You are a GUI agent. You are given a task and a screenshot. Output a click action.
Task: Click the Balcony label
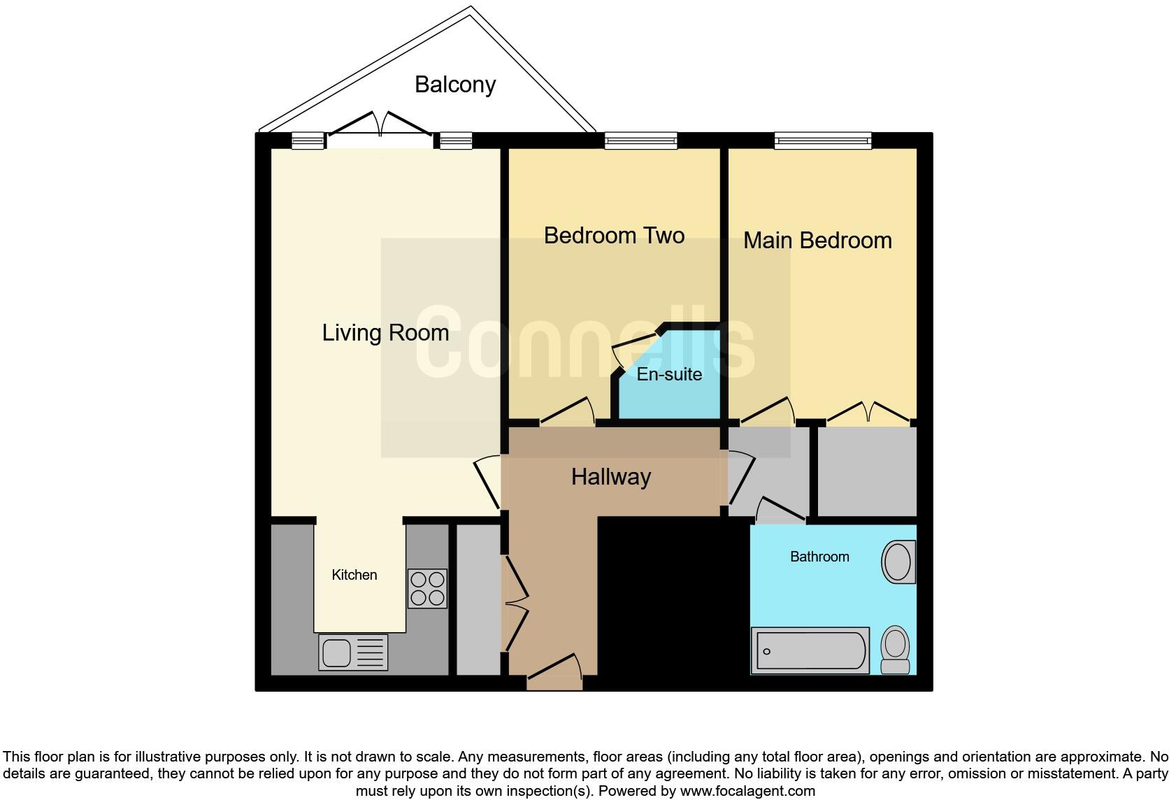455,85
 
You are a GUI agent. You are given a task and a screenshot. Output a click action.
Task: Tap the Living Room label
385,333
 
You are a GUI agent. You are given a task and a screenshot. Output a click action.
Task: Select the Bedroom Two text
614,236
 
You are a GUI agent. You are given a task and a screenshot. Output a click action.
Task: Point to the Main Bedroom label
817,241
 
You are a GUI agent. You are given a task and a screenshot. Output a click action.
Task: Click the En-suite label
669,375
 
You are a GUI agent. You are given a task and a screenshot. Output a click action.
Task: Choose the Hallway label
611,477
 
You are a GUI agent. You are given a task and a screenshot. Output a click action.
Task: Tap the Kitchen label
354,575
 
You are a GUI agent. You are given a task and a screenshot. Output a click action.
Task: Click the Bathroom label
819,557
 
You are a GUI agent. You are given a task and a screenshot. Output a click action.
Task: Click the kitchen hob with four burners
427,588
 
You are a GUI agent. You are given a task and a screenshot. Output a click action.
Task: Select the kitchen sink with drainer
353,652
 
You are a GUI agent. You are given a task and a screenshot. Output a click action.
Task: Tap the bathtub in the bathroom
810,651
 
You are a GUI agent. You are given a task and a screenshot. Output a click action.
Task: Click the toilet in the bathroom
895,650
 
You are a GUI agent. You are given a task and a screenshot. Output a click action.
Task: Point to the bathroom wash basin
898,562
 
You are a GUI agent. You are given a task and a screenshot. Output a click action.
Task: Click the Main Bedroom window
823,141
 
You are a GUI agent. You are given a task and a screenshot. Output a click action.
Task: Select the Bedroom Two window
641,141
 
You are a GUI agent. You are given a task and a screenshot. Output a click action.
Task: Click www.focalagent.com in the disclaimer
747,792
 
